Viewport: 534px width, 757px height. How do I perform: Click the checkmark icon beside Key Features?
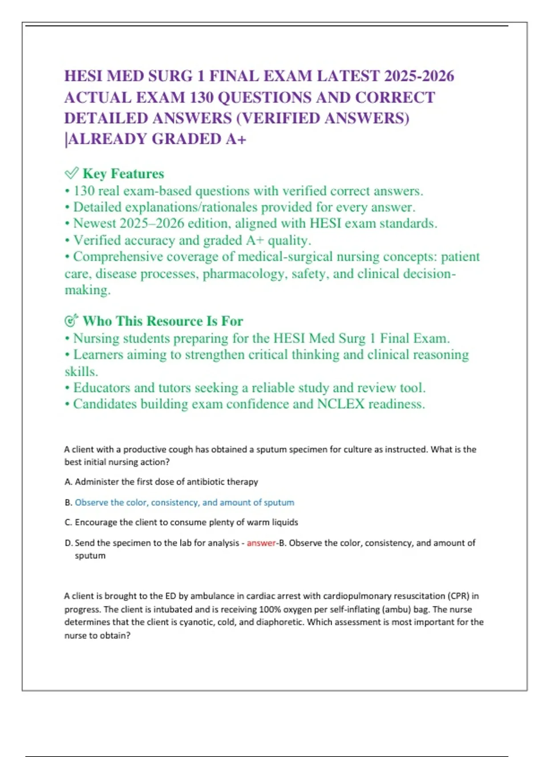pyautogui.click(x=71, y=173)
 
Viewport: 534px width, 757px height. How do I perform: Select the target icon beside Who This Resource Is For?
pyautogui.click(x=71, y=321)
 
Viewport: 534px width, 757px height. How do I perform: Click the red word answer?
pyautogui.click(x=261, y=543)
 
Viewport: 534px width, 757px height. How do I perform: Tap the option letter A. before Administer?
pyautogui.click(x=68, y=482)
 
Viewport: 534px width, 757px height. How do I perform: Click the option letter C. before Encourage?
pyautogui.click(x=68, y=522)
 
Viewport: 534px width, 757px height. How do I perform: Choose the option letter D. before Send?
pyautogui.click(x=68, y=543)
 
